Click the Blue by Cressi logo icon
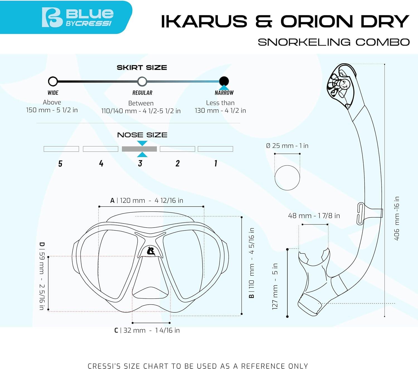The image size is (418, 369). tap(52, 17)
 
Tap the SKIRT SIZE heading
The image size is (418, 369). tap(142, 68)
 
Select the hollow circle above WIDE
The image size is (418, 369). tap(53, 81)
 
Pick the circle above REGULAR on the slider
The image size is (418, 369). tap(142, 81)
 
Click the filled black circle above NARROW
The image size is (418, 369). tap(224, 81)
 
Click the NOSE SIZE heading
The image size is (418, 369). tap(142, 135)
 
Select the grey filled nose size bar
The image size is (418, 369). tap(139, 149)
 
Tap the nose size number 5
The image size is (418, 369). tap(60, 164)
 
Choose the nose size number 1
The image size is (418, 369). tap(216, 163)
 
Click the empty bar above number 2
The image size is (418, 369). tap(178, 149)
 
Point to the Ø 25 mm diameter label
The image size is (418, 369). tap(287, 146)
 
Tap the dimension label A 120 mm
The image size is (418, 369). tap(147, 200)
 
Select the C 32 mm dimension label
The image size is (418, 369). tap(147, 331)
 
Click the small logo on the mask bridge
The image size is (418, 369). tap(151, 251)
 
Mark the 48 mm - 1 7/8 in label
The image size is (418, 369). tap(314, 216)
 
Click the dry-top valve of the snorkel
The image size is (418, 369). tap(341, 86)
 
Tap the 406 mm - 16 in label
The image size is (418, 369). tap(397, 218)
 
